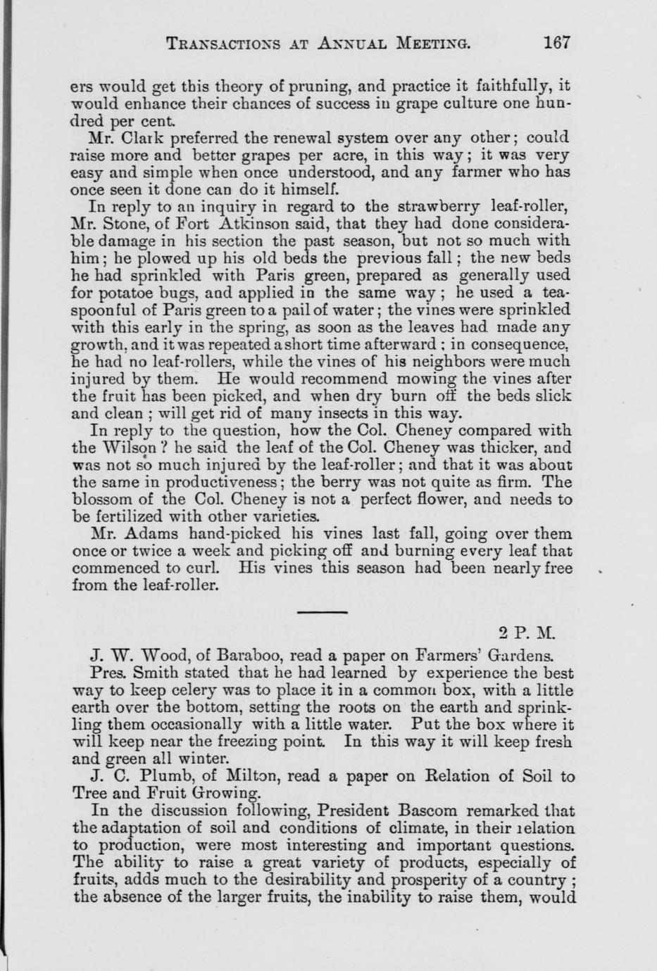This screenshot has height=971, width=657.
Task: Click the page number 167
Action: [x=556, y=42]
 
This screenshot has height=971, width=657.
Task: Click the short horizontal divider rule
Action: [x=323, y=613]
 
